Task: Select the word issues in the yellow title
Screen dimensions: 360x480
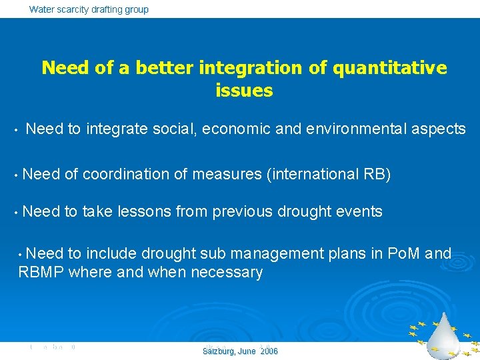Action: click(x=244, y=91)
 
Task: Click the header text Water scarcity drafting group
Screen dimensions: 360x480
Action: click(x=89, y=9)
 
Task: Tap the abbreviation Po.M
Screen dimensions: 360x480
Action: click(x=400, y=254)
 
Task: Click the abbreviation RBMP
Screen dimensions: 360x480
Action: click(x=41, y=273)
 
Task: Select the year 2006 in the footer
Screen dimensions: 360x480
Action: click(x=269, y=351)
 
